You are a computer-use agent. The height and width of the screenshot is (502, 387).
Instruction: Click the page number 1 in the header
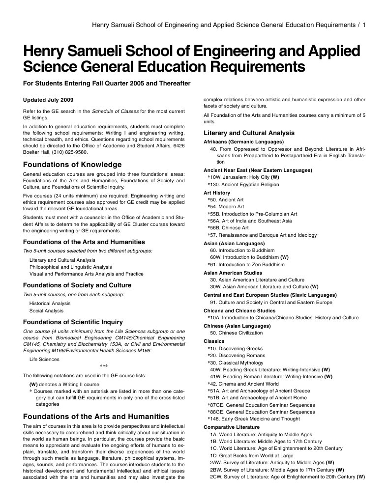(363, 25)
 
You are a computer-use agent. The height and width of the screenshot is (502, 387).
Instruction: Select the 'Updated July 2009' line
(49, 100)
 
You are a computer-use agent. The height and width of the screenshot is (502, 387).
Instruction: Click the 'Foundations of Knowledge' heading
(72, 164)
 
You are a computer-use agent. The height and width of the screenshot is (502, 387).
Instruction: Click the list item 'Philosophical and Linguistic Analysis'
(70, 267)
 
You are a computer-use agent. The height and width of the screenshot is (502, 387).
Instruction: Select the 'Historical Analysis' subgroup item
(50, 303)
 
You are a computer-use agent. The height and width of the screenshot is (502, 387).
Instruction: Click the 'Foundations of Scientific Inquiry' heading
(73, 322)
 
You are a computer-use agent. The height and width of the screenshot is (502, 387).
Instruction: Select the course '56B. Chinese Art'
(229, 227)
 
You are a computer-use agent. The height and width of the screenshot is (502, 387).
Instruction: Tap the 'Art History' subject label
(216, 193)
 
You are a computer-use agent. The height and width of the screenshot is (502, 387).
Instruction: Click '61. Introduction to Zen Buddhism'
(247, 264)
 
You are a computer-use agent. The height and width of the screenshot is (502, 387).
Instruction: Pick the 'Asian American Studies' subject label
(233, 273)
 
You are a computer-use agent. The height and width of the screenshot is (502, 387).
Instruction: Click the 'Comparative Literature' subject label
(232, 427)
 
